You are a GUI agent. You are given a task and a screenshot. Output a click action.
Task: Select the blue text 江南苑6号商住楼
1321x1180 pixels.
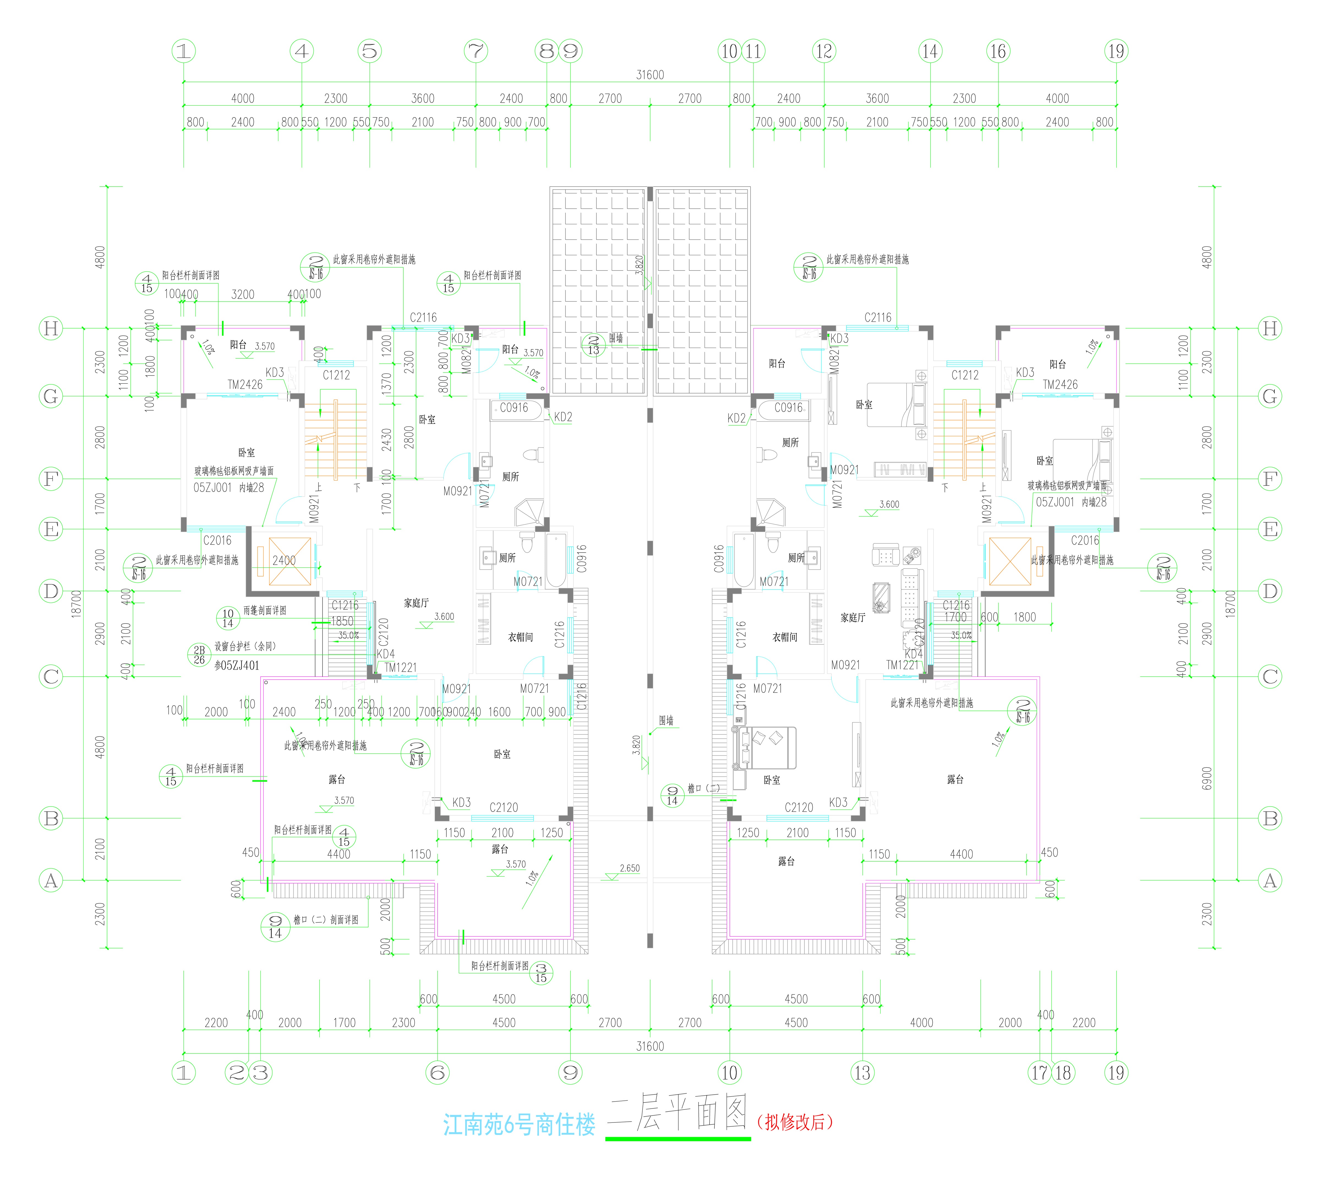coord(519,1125)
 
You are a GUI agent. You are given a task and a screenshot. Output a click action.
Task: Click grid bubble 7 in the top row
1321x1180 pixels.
coord(476,51)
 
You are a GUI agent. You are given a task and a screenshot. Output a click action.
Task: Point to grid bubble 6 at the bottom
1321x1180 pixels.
coord(438,1073)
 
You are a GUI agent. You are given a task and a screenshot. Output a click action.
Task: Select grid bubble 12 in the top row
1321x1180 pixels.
coord(824,51)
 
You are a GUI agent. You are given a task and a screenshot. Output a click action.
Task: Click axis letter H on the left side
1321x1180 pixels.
coord(51,329)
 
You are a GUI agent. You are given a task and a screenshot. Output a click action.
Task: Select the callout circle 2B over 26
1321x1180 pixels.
coord(199,655)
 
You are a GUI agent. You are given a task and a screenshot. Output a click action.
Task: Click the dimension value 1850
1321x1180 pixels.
coord(342,621)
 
